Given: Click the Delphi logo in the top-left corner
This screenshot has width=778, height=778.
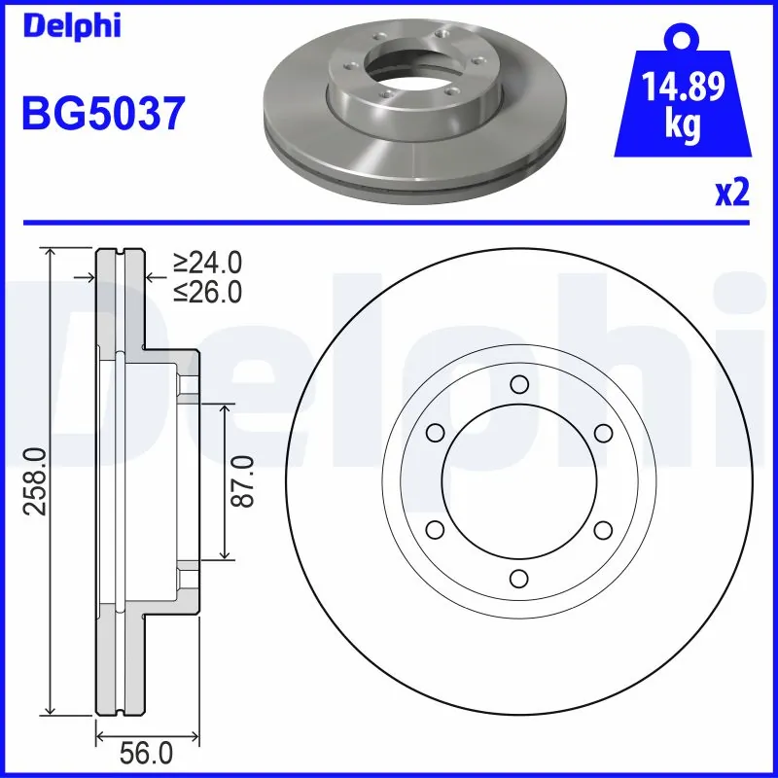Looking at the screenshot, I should [x=71, y=25].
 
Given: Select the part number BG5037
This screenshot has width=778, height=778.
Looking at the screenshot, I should [x=103, y=114].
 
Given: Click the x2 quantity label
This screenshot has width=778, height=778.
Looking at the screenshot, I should [x=731, y=193].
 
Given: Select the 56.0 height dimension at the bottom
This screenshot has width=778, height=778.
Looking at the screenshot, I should [x=146, y=754].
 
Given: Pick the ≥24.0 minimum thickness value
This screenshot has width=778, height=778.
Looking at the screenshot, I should [x=207, y=263].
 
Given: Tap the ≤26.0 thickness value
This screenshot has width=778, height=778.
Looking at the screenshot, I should [x=207, y=291].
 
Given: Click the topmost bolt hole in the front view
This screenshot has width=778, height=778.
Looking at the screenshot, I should [x=518, y=383].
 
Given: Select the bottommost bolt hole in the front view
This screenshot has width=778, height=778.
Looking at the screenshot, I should [x=518, y=579].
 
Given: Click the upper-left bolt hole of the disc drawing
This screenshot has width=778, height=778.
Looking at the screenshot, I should [x=435, y=433].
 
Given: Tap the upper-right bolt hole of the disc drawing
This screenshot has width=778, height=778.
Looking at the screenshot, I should [x=603, y=433].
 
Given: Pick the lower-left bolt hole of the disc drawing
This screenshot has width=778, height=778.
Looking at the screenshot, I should [x=435, y=529].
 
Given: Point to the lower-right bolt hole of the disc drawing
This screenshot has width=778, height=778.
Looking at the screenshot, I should [x=603, y=529].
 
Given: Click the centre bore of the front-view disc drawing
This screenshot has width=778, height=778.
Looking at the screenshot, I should [x=518, y=480].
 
